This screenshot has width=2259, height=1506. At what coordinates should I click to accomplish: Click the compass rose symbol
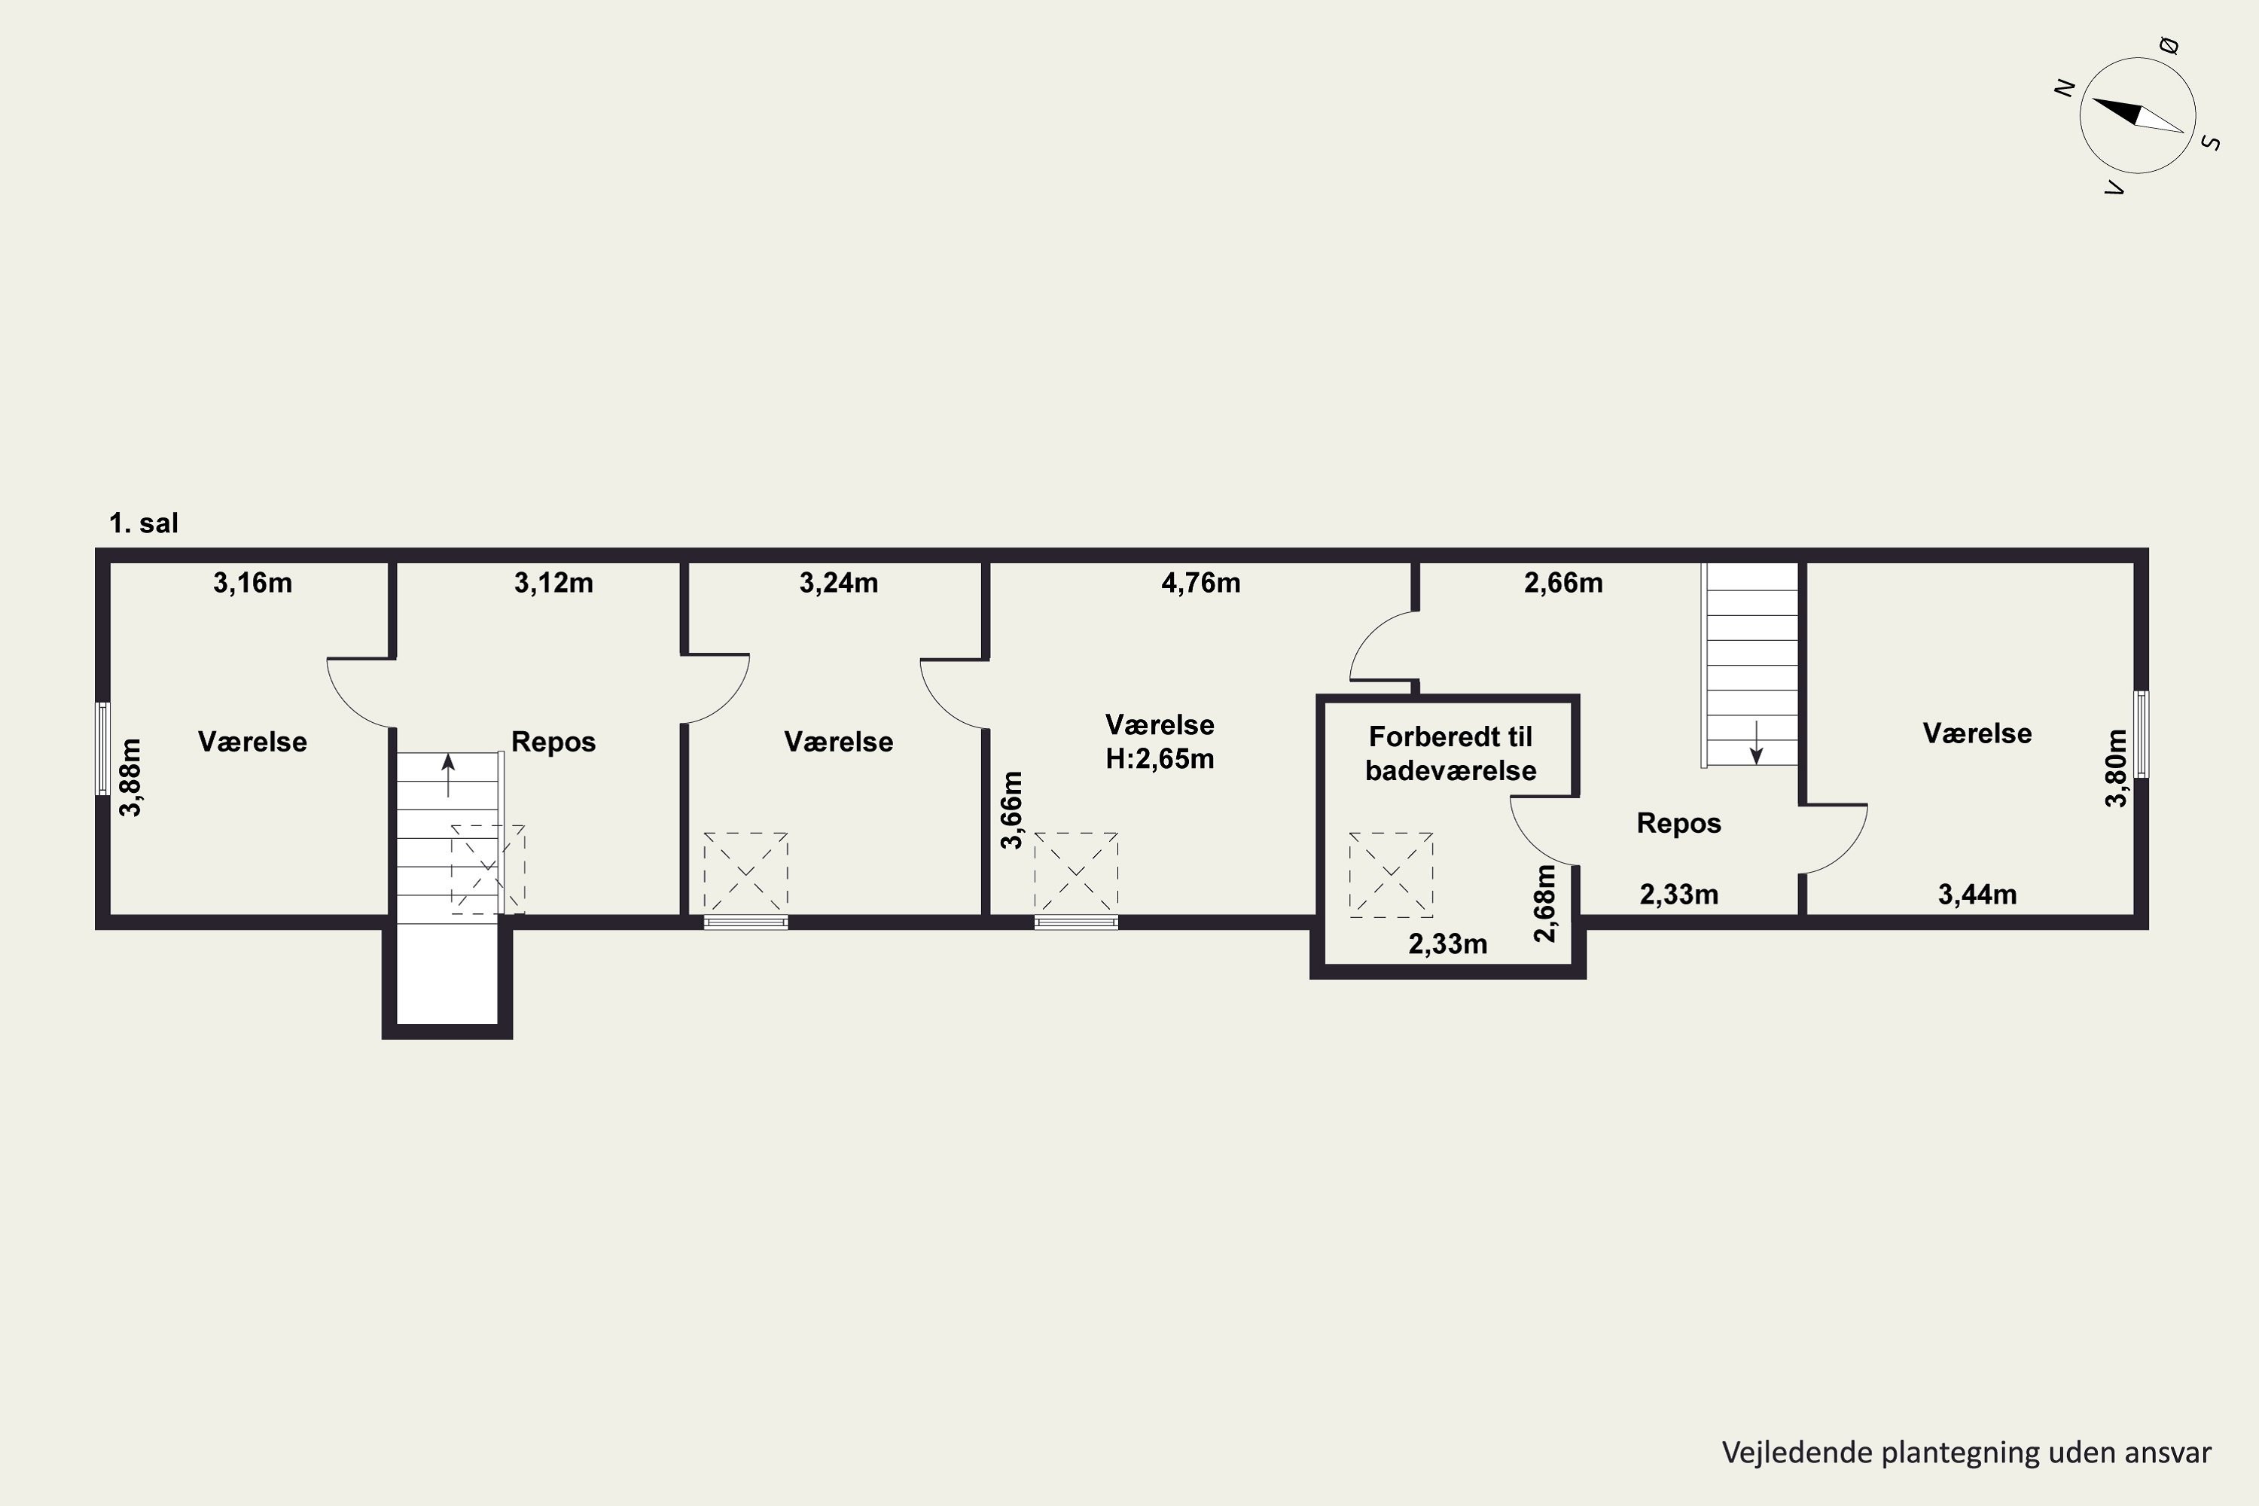click(2137, 115)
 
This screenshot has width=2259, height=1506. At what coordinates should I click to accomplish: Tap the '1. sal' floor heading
click(144, 523)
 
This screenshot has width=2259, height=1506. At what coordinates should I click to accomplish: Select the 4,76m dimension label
click(1200, 583)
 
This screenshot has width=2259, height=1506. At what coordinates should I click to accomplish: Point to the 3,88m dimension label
click(130, 777)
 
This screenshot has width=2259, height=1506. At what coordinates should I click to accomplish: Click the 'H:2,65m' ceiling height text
click(1160, 759)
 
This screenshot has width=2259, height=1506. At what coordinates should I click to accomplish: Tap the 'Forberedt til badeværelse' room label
click(1450, 753)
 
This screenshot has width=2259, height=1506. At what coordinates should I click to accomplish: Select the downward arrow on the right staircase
click(1756, 742)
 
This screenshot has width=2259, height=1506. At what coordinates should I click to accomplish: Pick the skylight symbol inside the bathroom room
click(1391, 875)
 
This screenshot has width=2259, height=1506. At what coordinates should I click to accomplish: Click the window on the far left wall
click(102, 748)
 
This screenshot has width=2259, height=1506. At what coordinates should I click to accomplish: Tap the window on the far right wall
click(2141, 733)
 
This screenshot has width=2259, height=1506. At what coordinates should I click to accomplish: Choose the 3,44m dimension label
click(1977, 895)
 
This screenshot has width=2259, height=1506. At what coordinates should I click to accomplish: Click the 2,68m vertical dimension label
click(1544, 903)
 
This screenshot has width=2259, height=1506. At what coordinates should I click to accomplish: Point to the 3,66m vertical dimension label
click(1011, 809)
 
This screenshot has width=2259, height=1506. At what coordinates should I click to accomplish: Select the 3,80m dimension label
click(2116, 768)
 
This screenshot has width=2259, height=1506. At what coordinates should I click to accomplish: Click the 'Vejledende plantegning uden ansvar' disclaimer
click(1966, 1453)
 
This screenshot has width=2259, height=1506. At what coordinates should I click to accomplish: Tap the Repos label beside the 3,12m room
click(553, 742)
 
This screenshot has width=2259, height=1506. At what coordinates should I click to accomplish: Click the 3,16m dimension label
click(252, 583)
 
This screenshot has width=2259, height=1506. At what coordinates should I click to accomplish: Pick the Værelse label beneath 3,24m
click(839, 742)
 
